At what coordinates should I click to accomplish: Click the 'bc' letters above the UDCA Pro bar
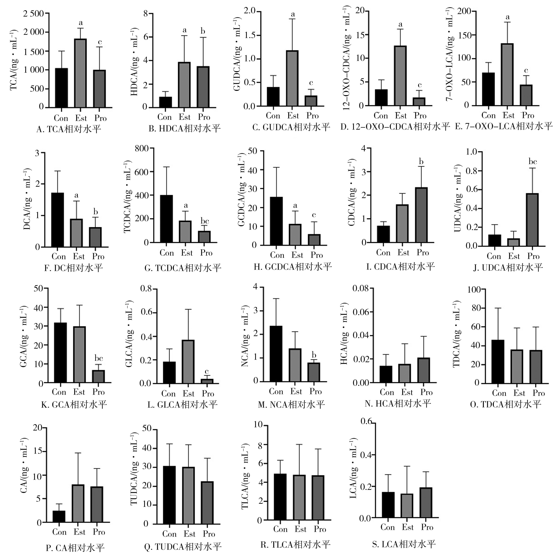(x=533, y=162)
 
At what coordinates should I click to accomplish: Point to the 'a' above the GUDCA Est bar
(x=293, y=14)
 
